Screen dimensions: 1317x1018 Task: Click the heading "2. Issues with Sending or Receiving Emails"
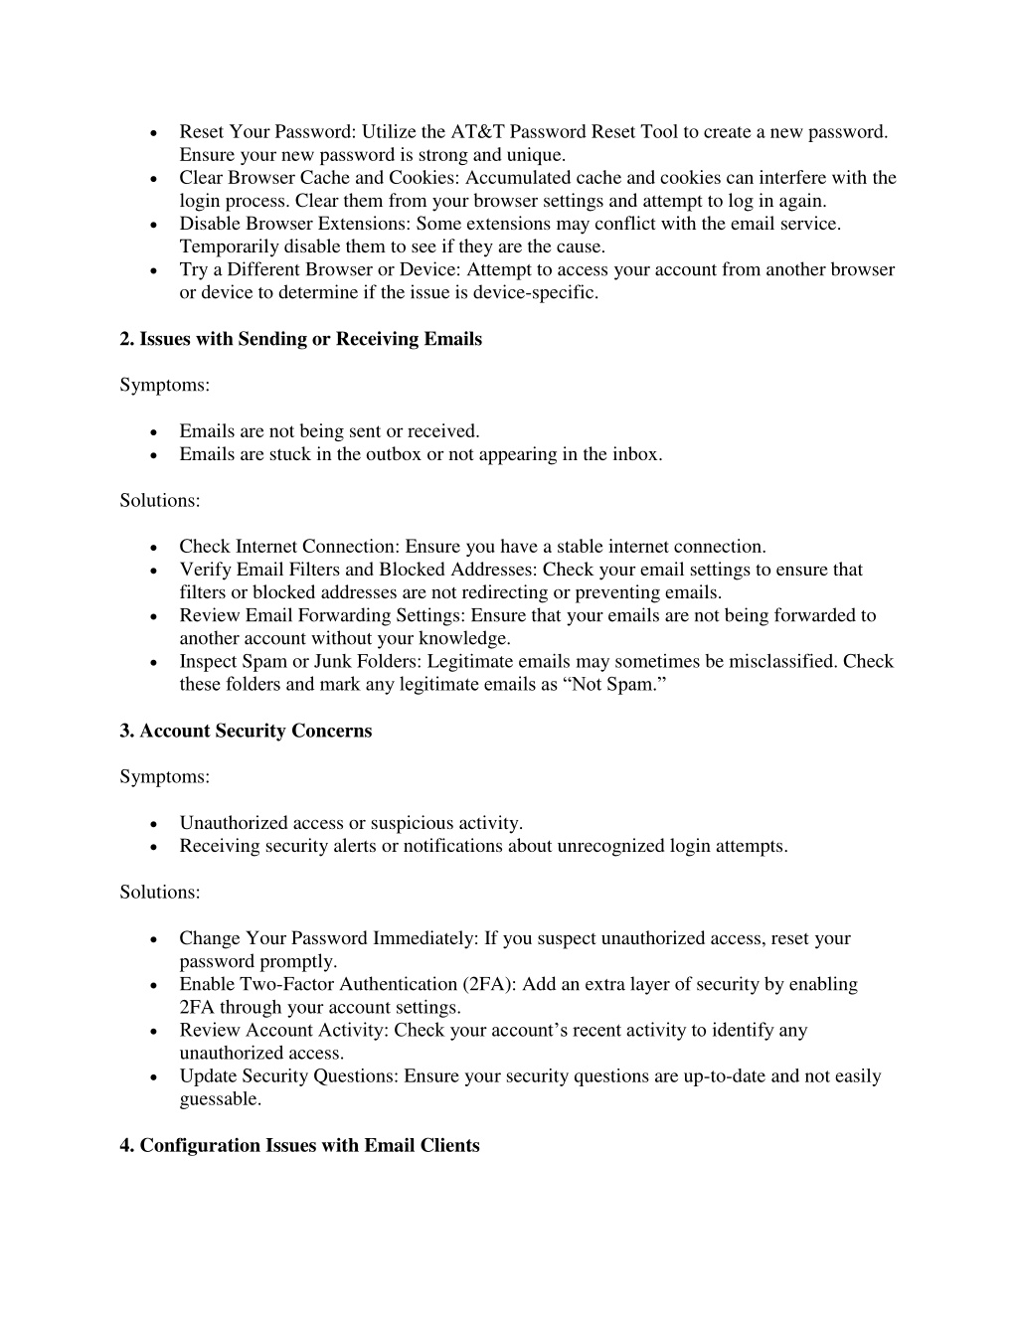[x=300, y=339]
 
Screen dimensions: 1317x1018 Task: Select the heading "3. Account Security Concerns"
[x=246, y=731]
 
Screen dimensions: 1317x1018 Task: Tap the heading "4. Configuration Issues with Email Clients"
[x=299, y=1145]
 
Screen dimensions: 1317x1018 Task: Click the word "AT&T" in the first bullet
[x=477, y=132]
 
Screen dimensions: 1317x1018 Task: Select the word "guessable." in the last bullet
[x=221, y=1098]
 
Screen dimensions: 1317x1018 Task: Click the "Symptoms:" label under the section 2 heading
[x=165, y=385]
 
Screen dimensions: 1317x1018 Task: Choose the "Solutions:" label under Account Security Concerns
[x=160, y=892]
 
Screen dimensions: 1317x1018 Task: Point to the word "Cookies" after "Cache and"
[x=422, y=178]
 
